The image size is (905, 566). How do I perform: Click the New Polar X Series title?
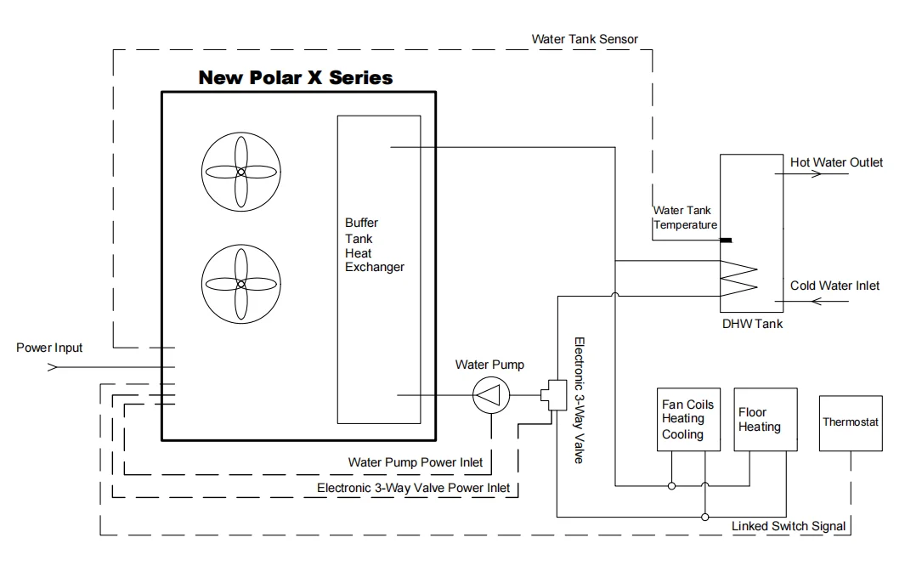(x=296, y=78)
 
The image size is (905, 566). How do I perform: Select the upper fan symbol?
(x=240, y=172)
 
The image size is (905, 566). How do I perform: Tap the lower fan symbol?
(x=240, y=284)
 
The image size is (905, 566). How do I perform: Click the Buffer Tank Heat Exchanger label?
(x=374, y=245)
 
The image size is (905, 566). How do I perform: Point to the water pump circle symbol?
(x=489, y=396)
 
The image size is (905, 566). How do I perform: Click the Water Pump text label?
(x=489, y=365)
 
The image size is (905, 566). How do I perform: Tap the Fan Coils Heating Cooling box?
(x=688, y=420)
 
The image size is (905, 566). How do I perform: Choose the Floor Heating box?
(x=766, y=419)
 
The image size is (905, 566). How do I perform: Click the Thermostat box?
(x=851, y=422)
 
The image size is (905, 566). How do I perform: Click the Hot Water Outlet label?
(x=836, y=162)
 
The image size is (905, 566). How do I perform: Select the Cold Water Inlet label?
(x=834, y=286)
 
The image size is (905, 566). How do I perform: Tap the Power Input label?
(x=49, y=348)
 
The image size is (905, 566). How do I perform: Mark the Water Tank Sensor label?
(x=584, y=39)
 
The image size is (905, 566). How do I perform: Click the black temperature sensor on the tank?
(x=727, y=241)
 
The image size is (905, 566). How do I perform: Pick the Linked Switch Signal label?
(x=789, y=526)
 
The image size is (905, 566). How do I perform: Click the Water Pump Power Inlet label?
(x=416, y=462)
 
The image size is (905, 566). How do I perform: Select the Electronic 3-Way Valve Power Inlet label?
(x=413, y=488)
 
